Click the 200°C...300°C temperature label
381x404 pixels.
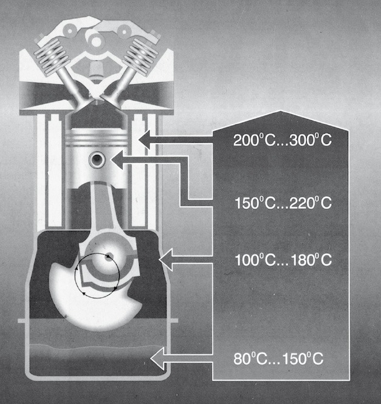pos(283,140)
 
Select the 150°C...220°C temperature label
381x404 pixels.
pos(283,203)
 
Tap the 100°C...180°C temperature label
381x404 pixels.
pos(283,260)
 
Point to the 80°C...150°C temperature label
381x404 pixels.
pos(278,358)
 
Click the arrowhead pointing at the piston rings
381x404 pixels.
pos(145,140)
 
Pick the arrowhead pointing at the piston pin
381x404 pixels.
pos(117,160)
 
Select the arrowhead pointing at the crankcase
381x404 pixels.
pos(166,260)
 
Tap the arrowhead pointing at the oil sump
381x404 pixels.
pos(157,358)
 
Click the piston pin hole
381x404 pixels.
pos(97,160)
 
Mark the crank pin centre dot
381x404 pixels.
pos(109,256)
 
